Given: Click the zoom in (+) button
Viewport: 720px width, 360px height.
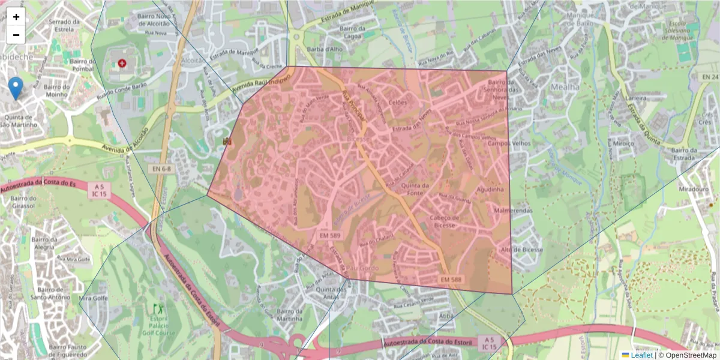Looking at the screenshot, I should coord(16,17).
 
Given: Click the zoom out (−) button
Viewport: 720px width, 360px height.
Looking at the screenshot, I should coord(16,35).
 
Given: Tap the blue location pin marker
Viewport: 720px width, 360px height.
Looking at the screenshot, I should coord(16,88).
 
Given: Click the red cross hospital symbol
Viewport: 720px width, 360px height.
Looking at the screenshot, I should coord(122,63).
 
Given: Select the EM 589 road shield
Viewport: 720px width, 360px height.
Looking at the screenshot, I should coord(330,236).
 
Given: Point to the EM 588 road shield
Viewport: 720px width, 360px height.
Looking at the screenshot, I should coord(451,280).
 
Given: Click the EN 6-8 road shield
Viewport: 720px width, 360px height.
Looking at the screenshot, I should coord(160,169).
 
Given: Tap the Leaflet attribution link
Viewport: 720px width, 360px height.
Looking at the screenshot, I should coord(641,355).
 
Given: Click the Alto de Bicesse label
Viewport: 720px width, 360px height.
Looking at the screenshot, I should coord(521,250).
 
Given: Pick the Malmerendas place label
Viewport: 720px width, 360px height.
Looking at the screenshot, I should coord(514,211).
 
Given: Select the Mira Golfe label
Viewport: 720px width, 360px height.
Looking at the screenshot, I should coord(93,298).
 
